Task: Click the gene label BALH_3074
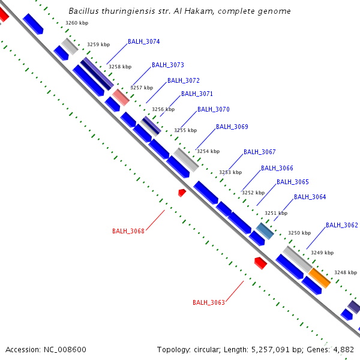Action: (x=143, y=42)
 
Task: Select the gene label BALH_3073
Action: (x=167, y=65)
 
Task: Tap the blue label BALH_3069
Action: (x=232, y=127)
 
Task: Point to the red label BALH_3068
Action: (x=128, y=231)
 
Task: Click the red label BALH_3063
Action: (x=208, y=302)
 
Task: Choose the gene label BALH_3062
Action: (x=341, y=226)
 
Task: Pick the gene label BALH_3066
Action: (x=277, y=168)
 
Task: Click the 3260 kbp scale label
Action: (x=76, y=23)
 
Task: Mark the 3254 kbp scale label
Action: (x=208, y=151)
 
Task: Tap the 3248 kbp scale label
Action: (x=346, y=272)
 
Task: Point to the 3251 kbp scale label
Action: (x=276, y=213)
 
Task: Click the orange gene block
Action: (x=320, y=278)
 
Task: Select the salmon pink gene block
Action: (x=121, y=97)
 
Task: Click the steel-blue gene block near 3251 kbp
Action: (x=265, y=231)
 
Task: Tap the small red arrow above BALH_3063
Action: (x=260, y=263)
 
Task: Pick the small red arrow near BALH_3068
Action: (x=182, y=192)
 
